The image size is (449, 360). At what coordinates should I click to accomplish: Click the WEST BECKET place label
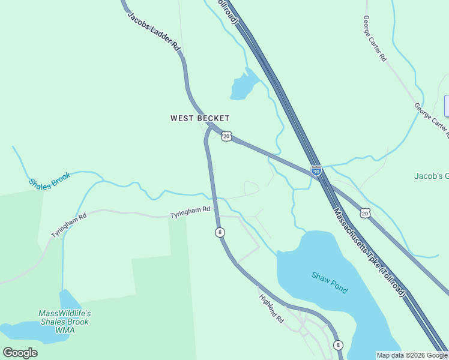click(200, 119)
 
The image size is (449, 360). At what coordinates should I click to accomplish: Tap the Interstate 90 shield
click(316, 170)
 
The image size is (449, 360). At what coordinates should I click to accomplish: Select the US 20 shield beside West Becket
click(226, 136)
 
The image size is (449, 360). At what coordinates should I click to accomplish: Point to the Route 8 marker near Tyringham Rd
click(220, 232)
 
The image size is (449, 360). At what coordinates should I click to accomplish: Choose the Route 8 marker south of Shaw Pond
click(338, 344)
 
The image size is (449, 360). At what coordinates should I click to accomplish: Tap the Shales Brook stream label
click(49, 178)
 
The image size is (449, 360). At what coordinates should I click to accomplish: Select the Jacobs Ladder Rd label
click(154, 32)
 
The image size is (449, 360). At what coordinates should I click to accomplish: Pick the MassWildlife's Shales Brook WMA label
click(64, 322)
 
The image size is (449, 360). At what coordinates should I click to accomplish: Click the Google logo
click(20, 352)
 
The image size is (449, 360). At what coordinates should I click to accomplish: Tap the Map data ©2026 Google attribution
click(411, 355)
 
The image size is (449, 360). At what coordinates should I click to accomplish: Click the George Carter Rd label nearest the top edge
click(375, 38)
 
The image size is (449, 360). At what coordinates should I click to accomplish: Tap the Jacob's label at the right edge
click(431, 176)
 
